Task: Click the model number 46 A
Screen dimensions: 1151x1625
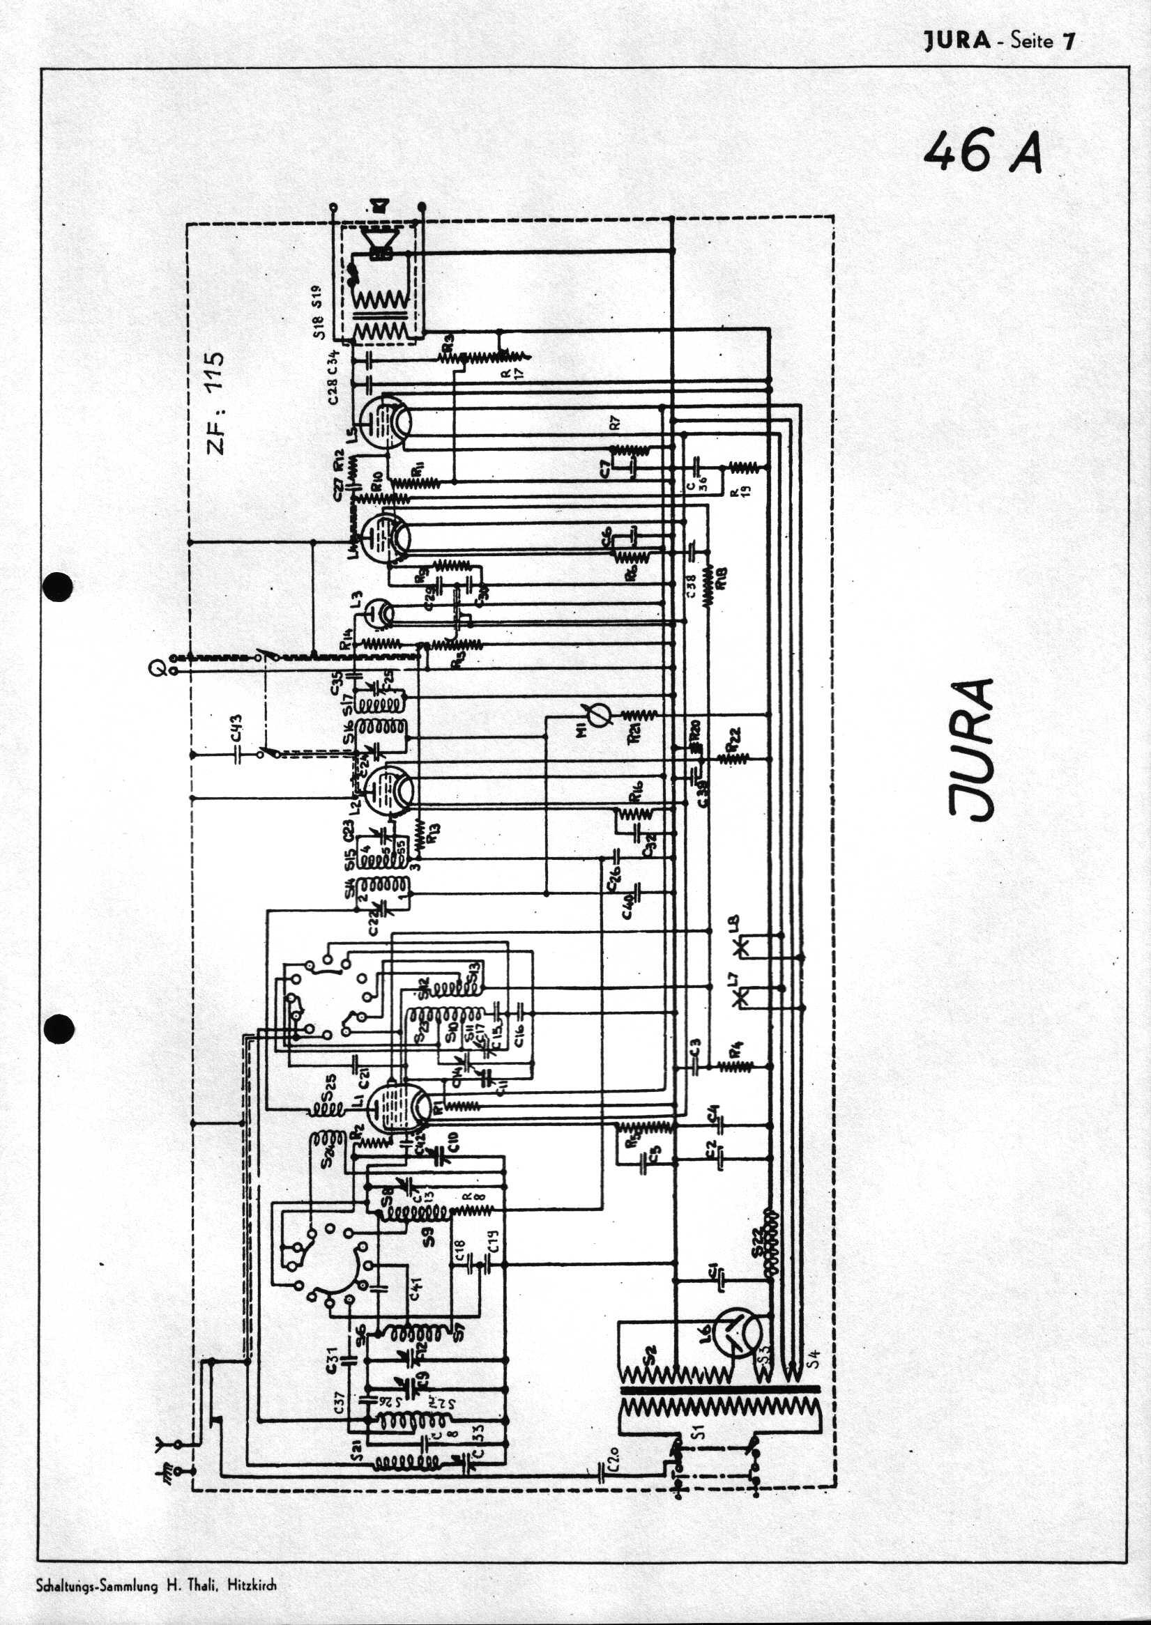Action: tap(984, 152)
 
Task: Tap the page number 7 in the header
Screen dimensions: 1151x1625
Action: tap(1067, 40)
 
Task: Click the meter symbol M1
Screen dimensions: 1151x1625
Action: tap(595, 716)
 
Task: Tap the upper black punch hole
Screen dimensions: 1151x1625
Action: tap(58, 587)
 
